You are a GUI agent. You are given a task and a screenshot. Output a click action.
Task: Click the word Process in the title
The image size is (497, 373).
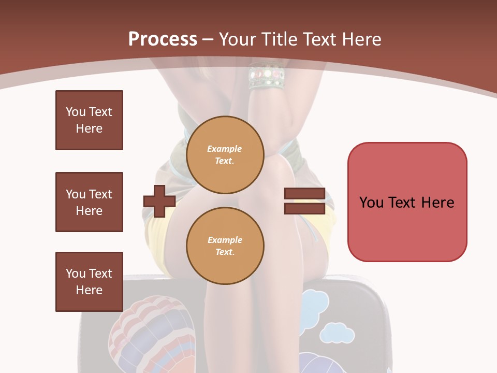pyautogui.click(x=163, y=39)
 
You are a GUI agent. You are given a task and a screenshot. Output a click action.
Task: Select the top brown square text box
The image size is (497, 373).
pyautogui.click(x=89, y=120)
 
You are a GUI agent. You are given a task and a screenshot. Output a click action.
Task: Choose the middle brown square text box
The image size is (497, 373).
pyautogui.click(x=89, y=202)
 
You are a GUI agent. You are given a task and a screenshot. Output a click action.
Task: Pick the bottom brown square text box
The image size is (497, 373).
pyautogui.click(x=89, y=282)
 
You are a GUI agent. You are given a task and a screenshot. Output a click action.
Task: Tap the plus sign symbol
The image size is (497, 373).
pyautogui.click(x=159, y=201)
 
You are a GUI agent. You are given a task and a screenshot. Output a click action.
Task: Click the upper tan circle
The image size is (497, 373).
pyautogui.click(x=225, y=155)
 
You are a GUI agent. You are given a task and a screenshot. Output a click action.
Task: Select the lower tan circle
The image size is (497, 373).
pyautogui.click(x=225, y=246)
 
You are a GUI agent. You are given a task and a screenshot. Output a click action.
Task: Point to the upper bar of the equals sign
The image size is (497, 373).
pyautogui.click(x=304, y=194)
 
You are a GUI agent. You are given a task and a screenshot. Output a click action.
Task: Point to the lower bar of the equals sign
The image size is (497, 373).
pyautogui.click(x=304, y=208)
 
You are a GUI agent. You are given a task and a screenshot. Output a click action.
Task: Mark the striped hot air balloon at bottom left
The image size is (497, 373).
pyautogui.click(x=153, y=332)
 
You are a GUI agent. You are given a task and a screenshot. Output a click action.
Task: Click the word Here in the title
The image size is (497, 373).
pyautogui.click(x=360, y=39)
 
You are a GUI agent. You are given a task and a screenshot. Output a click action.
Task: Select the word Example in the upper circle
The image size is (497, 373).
pyautogui.click(x=225, y=149)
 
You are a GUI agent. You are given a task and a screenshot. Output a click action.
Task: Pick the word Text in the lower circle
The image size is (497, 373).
pyautogui.click(x=225, y=252)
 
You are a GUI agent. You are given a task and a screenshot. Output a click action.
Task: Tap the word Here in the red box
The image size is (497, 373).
pyautogui.click(x=437, y=202)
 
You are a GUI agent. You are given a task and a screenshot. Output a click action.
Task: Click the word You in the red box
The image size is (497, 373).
pyautogui.click(x=371, y=202)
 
